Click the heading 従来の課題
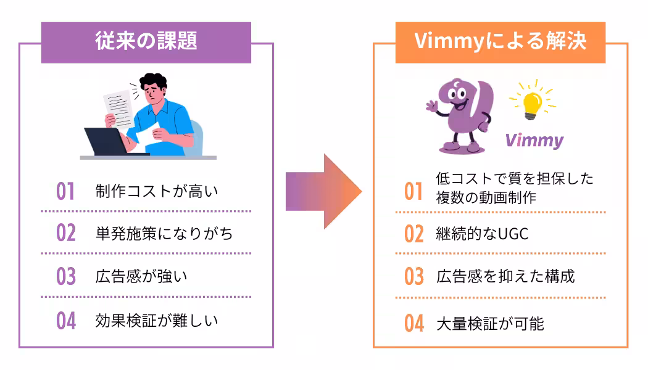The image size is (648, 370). tap(146, 41)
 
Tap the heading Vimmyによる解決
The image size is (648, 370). tap(501, 41)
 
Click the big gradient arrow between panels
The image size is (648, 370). tap(323, 192)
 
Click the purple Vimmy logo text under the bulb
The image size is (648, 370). tap(534, 141)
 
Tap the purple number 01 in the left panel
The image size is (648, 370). tap(65, 191)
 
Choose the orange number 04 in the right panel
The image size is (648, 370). tap(414, 324)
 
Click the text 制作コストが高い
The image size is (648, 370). tap(157, 191)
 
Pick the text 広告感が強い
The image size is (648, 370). tap(141, 276)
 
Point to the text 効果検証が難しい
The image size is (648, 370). tap(157, 321)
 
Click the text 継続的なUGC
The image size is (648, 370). tap(482, 234)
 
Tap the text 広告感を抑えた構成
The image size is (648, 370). tap(505, 276)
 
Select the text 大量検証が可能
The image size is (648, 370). tap(490, 324)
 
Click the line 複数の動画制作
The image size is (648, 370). tap(486, 198)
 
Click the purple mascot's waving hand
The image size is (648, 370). tap(431, 107)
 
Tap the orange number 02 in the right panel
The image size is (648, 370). tap(414, 234)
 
